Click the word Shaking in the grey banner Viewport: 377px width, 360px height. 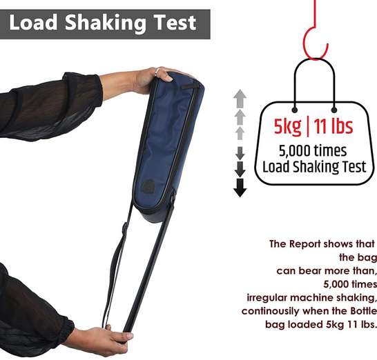click(106, 23)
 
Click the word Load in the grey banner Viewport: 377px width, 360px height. click(33, 22)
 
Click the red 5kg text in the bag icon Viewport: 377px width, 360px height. click(287, 127)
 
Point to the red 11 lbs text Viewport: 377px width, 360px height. click(333, 126)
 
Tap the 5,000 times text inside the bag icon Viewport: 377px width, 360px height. click(313, 150)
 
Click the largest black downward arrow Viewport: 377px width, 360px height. click(240, 188)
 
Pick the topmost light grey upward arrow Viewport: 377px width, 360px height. click(240, 99)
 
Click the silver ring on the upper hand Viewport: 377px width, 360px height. click(157, 71)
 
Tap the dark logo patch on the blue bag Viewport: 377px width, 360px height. click(148, 186)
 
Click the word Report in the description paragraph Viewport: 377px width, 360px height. click(305, 243)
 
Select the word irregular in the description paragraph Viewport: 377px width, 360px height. click(267, 298)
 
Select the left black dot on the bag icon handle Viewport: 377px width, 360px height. click(295, 110)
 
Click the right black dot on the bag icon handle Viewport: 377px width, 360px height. click(334, 110)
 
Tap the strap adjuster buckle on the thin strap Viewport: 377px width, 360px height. click(125, 229)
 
